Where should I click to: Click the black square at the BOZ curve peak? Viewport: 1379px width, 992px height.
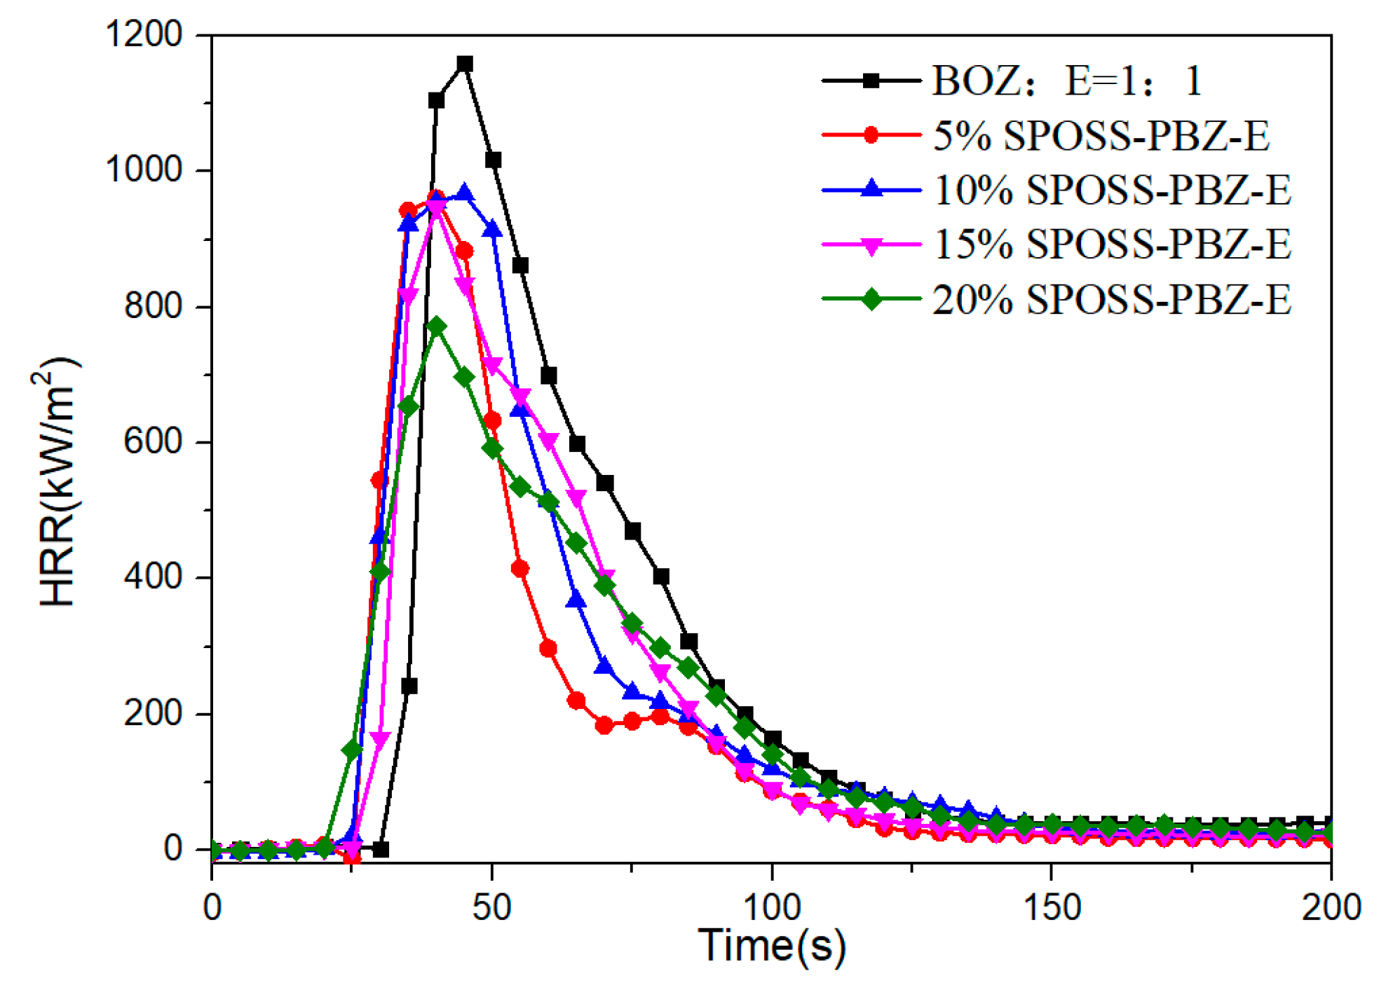[464, 64]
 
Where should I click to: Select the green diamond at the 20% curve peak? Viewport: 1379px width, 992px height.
[437, 327]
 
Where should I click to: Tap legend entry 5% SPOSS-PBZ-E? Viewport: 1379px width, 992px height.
[1101, 135]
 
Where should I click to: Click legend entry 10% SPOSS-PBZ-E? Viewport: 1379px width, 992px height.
[1112, 190]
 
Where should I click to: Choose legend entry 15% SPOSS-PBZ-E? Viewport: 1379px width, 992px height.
[1112, 244]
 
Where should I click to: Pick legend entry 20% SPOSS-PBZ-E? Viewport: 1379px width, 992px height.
[1112, 299]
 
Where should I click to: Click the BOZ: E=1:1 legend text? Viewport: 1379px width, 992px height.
[1067, 81]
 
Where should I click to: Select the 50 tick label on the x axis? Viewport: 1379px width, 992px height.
[491, 907]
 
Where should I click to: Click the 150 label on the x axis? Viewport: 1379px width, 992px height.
[1051, 907]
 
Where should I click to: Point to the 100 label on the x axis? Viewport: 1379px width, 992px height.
[771, 907]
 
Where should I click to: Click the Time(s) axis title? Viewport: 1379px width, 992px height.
[771, 946]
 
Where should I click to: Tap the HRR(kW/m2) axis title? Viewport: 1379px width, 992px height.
[57, 483]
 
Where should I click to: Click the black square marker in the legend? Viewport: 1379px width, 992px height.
[871, 81]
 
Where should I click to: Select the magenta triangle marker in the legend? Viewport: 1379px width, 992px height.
[871, 246]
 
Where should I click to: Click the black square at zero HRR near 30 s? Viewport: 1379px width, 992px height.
[381, 849]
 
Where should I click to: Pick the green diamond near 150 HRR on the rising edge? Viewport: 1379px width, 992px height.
[353, 750]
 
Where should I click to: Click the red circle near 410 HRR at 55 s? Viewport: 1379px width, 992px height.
[519, 568]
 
